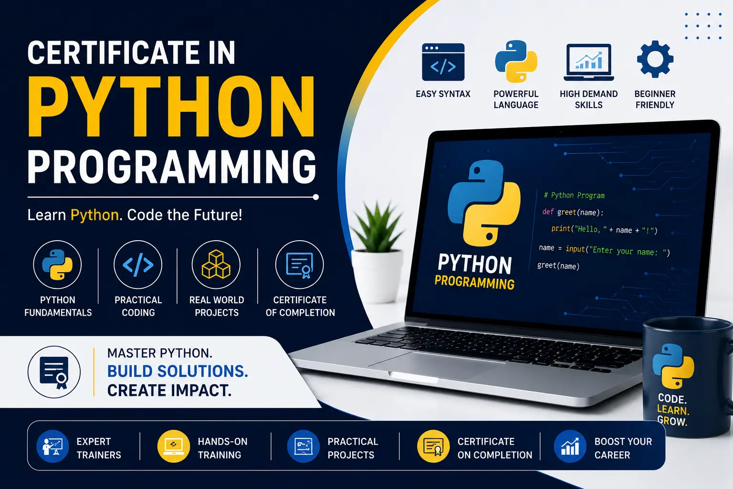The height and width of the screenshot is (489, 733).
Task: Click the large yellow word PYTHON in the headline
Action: (171, 106)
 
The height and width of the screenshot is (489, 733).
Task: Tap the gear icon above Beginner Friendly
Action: (655, 59)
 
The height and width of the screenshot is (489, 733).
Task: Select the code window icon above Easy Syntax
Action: (443, 62)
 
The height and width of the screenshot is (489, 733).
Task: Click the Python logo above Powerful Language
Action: (516, 61)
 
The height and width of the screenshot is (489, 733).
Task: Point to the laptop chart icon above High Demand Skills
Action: (589, 62)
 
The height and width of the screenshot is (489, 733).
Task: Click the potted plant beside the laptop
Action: (377, 252)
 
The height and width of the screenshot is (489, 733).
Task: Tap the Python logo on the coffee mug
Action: (673, 366)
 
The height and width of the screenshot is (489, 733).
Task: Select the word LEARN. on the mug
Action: (673, 410)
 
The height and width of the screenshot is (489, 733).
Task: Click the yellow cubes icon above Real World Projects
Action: (216, 264)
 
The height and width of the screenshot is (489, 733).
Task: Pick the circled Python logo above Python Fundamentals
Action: (57, 265)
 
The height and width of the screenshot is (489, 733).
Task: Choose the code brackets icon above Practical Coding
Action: (138, 265)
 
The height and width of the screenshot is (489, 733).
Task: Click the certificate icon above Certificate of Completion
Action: (300, 265)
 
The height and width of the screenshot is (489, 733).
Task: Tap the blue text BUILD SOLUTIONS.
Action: (178, 372)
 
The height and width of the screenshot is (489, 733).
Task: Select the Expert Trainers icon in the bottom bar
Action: (52, 446)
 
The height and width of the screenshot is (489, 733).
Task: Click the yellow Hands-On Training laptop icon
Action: (173, 446)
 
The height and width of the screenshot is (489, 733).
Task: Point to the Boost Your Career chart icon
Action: (570, 446)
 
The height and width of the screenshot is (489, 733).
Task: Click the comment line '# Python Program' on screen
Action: (574, 195)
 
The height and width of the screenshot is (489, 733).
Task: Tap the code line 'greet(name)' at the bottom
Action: (558, 266)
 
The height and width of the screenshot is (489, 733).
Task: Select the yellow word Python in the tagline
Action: (94, 216)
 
